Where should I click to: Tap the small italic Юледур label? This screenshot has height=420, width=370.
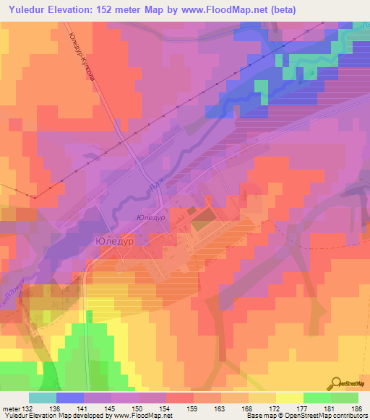151,216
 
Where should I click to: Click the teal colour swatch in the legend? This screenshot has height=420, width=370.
43,398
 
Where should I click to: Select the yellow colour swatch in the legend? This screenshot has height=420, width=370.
290,398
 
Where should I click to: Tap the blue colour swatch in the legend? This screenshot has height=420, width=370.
70,398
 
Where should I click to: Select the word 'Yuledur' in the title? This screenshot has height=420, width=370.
31,9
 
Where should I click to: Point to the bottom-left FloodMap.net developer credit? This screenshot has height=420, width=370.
87,416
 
